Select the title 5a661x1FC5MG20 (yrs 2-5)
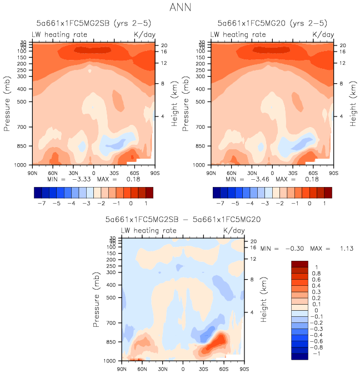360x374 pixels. click(x=272, y=23)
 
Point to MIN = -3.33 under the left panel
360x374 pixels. click(x=68, y=179)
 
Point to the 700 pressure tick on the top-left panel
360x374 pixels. click(x=20, y=127)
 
